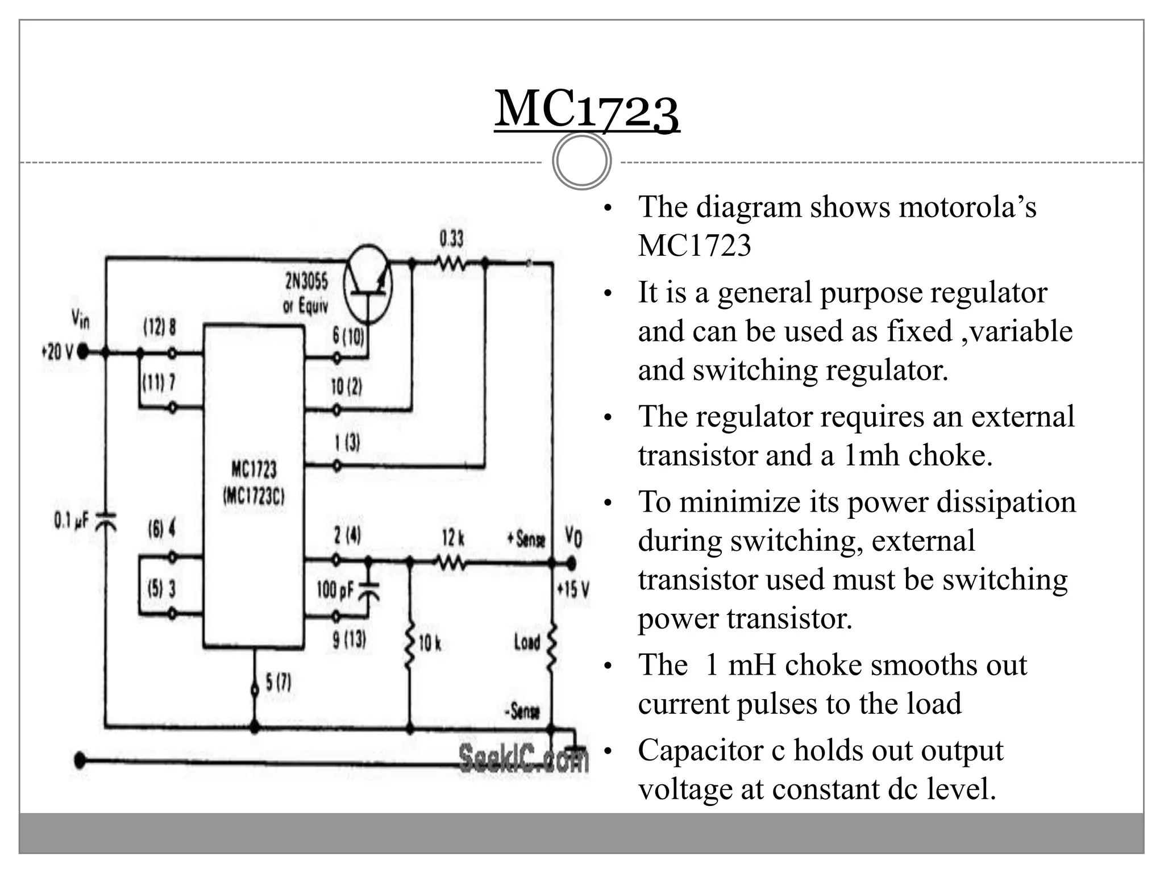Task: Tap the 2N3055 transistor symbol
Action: (x=368, y=284)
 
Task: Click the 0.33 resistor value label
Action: (x=451, y=239)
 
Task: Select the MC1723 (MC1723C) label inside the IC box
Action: (x=253, y=483)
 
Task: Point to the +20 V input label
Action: (x=57, y=352)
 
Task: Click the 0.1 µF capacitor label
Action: (x=71, y=520)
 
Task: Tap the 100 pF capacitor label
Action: (x=335, y=590)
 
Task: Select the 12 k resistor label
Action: (x=453, y=538)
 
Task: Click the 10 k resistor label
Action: (x=430, y=643)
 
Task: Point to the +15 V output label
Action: (x=573, y=589)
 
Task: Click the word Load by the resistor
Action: (x=527, y=643)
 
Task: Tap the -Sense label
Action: (x=522, y=710)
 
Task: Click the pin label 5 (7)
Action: (x=278, y=682)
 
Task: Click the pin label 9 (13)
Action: (x=349, y=640)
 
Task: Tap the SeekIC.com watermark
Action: (x=523, y=758)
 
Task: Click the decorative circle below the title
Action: (x=581, y=161)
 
